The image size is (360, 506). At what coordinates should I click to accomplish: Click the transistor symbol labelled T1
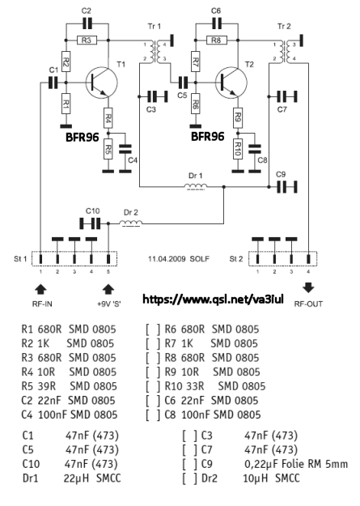101,82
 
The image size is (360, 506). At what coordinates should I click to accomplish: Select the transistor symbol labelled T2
231,82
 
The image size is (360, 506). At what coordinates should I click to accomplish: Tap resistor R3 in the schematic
87,40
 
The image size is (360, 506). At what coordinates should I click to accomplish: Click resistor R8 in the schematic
216,40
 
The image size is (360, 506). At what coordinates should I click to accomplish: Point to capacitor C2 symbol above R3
87,23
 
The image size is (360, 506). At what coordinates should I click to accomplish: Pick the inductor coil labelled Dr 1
196,187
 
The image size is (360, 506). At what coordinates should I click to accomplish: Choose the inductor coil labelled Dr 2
131,223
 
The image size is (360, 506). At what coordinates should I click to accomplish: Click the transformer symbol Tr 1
155,52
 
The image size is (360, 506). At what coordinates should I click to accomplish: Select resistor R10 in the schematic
238,149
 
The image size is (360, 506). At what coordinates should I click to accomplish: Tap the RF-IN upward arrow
41,289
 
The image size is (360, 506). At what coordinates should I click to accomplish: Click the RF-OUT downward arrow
308,287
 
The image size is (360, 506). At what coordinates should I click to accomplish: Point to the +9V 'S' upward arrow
108,289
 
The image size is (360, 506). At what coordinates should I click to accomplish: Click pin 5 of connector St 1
108,259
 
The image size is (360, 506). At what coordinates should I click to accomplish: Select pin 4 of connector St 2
308,259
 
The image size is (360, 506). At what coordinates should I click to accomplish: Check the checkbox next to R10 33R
153,386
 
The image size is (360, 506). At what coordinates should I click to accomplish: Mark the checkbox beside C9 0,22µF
189,464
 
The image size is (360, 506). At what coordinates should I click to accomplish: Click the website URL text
213,300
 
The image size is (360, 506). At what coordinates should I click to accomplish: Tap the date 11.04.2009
167,259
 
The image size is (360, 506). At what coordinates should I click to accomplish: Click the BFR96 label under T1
82,137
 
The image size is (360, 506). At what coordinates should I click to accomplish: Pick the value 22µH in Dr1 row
76,478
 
